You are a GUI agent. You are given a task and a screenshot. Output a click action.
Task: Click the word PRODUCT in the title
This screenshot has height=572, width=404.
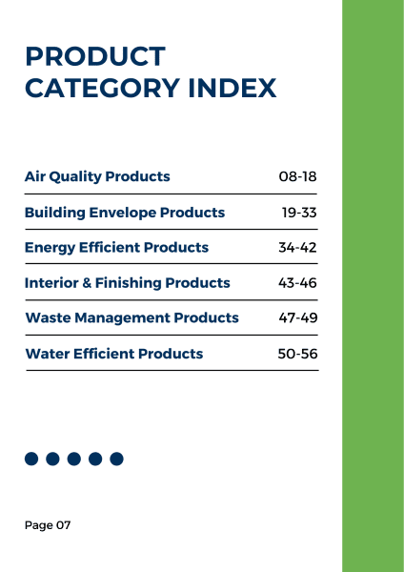pos(95,57)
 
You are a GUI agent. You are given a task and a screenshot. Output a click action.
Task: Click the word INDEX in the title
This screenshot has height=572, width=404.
pos(234,89)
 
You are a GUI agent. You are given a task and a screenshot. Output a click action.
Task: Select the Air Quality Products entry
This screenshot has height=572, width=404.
pos(97,176)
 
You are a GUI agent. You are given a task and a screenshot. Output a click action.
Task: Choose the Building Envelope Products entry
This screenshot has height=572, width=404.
pos(125,213)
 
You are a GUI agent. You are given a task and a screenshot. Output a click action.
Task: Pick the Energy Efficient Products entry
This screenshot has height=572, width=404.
pos(116,248)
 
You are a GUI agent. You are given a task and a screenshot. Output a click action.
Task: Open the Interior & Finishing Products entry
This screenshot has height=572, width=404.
pos(127,283)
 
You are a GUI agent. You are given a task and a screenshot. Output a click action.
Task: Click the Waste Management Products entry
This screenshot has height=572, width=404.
pos(131,318)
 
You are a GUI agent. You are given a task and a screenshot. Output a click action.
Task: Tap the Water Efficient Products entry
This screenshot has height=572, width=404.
pos(114,354)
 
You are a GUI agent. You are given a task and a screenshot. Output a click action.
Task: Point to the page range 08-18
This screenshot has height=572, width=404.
pos(297,176)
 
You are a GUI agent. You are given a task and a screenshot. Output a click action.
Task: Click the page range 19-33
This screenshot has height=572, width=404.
pos(298,213)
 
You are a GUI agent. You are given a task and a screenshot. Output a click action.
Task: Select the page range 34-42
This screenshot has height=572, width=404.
pos(297,248)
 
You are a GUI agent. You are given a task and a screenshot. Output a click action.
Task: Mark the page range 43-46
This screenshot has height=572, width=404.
pos(297,283)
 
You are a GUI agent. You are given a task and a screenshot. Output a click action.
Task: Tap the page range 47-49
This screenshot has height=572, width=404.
pos(297,318)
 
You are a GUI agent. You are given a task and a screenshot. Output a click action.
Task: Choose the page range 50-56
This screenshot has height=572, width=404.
pos(297,354)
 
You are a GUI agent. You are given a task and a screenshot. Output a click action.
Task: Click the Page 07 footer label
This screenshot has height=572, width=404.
pos(48,525)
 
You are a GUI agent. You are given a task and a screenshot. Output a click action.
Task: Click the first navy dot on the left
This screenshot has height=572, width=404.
pos(31,459)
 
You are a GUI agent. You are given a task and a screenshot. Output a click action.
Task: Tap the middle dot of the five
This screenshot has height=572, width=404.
pos(74,459)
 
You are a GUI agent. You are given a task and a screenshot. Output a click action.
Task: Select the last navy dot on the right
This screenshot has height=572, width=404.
pos(116,459)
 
